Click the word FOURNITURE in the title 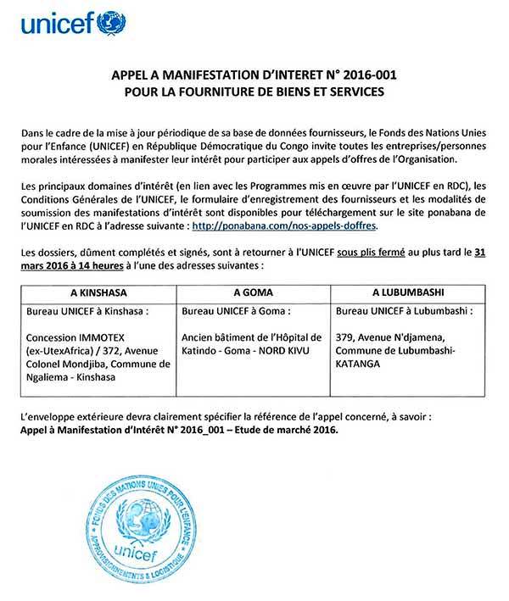tap(230, 92)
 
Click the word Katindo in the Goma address tap(200, 349)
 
